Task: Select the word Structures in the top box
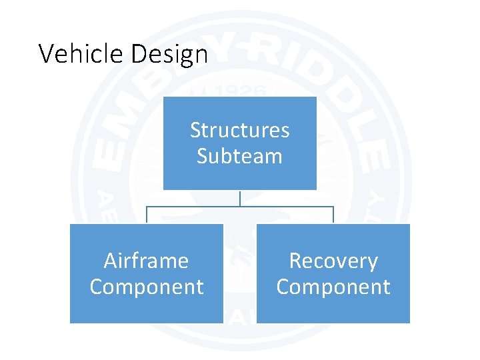tap(240, 130)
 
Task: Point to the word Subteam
tap(240, 157)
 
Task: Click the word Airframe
tap(147, 261)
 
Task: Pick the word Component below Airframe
tap(147, 287)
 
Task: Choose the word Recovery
tap(333, 261)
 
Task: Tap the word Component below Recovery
tap(333, 287)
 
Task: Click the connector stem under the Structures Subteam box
tap(240, 198)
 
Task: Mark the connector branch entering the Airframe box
tap(147, 215)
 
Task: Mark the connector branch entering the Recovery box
tap(333, 215)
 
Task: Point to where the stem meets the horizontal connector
tap(240, 207)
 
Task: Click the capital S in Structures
tap(195, 130)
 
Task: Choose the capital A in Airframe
tap(111, 261)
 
